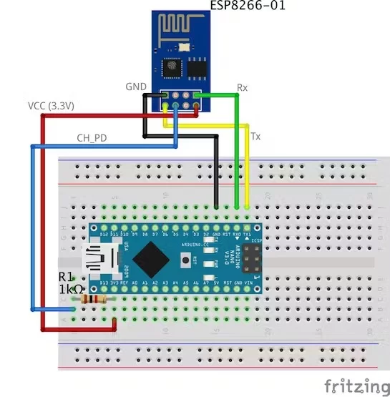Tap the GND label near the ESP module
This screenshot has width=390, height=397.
click(136, 87)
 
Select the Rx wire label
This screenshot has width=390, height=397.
click(243, 89)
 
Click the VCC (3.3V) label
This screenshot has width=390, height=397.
click(52, 106)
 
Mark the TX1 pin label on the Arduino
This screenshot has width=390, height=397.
click(248, 234)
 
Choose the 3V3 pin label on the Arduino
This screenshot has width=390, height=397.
click(114, 283)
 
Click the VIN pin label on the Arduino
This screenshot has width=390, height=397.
click(248, 283)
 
